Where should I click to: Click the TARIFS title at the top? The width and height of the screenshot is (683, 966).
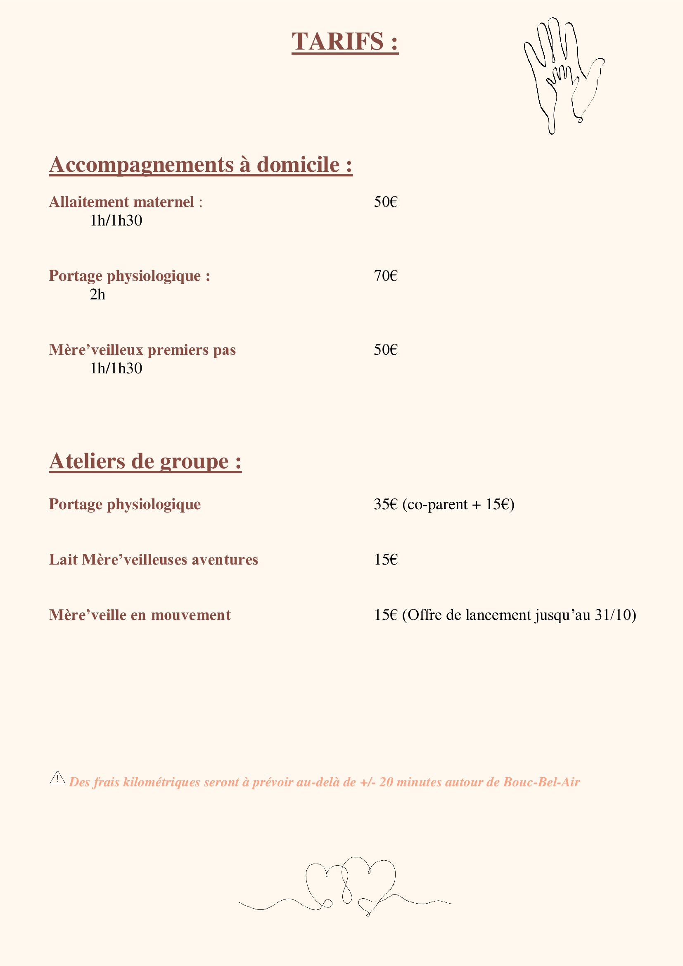pyautogui.click(x=344, y=42)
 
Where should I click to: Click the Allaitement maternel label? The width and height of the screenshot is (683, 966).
pyautogui.click(x=122, y=202)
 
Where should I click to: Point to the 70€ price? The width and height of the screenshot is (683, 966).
pyautogui.click(x=386, y=276)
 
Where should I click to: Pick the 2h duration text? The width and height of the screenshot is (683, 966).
pyautogui.click(x=97, y=294)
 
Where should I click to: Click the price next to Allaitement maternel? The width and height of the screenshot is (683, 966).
pyautogui.click(x=386, y=202)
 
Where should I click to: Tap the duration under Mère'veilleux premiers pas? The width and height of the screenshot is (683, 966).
pyautogui.click(x=116, y=368)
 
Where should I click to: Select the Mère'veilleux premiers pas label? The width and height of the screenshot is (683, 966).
pyautogui.click(x=142, y=350)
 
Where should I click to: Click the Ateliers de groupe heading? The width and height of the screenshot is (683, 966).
pyautogui.click(x=145, y=462)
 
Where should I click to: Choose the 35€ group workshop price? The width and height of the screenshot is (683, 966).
pyautogui.click(x=385, y=504)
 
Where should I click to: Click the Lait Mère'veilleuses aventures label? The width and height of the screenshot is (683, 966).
pyautogui.click(x=154, y=560)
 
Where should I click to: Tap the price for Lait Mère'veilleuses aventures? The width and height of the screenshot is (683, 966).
pyautogui.click(x=386, y=560)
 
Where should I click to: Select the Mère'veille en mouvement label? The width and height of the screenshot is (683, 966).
pyautogui.click(x=140, y=615)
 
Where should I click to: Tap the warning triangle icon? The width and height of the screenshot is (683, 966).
pyautogui.click(x=57, y=778)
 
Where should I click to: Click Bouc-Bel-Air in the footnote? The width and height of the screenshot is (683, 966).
pyautogui.click(x=541, y=782)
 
